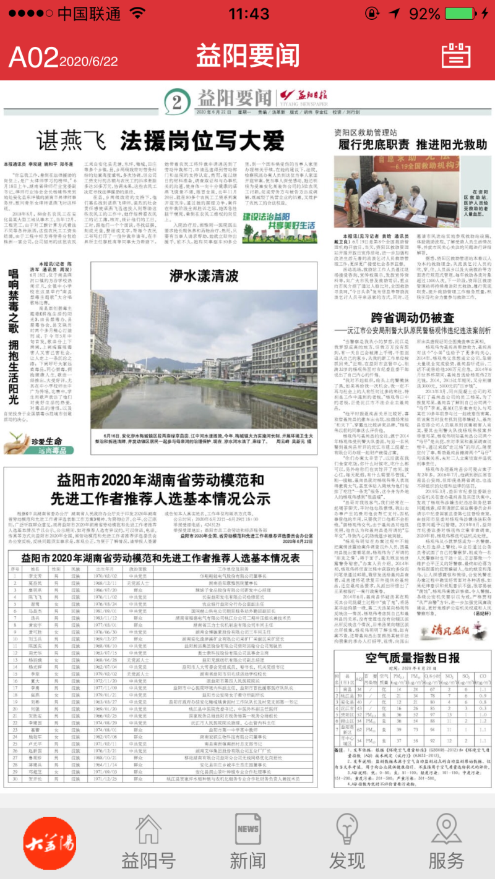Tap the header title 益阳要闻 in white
(247, 56)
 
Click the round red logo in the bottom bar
(49, 842)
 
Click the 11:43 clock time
(249, 14)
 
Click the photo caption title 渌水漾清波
(204, 276)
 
